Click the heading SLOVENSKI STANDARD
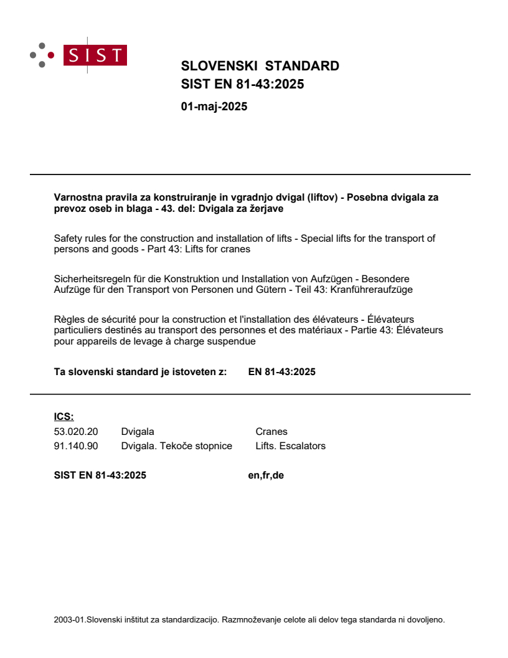tap(260, 66)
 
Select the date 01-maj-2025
tap(214, 107)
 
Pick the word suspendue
tap(234, 341)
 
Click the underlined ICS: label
tap(63, 417)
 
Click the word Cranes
tap(271, 431)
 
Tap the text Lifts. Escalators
tap(290, 446)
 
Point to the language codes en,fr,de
tap(265, 475)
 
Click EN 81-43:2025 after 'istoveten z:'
tap(281, 372)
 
